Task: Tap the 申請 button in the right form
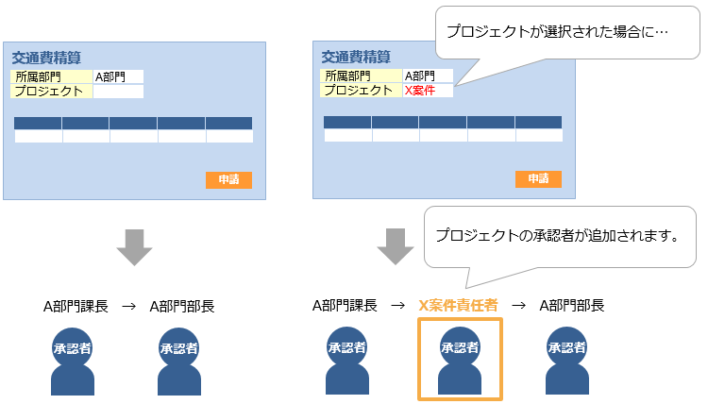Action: [x=538, y=179]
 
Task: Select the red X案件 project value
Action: [x=420, y=91]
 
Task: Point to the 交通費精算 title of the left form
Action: [x=46, y=58]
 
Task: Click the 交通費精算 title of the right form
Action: [x=356, y=57]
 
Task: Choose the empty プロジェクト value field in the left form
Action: [x=118, y=92]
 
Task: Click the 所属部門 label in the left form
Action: [x=37, y=76]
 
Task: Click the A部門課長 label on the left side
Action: [x=76, y=306]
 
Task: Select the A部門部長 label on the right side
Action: [x=571, y=305]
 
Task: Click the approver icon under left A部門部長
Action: [x=178, y=360]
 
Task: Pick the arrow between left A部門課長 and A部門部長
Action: [x=128, y=306]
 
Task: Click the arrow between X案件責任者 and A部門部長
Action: [x=518, y=305]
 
